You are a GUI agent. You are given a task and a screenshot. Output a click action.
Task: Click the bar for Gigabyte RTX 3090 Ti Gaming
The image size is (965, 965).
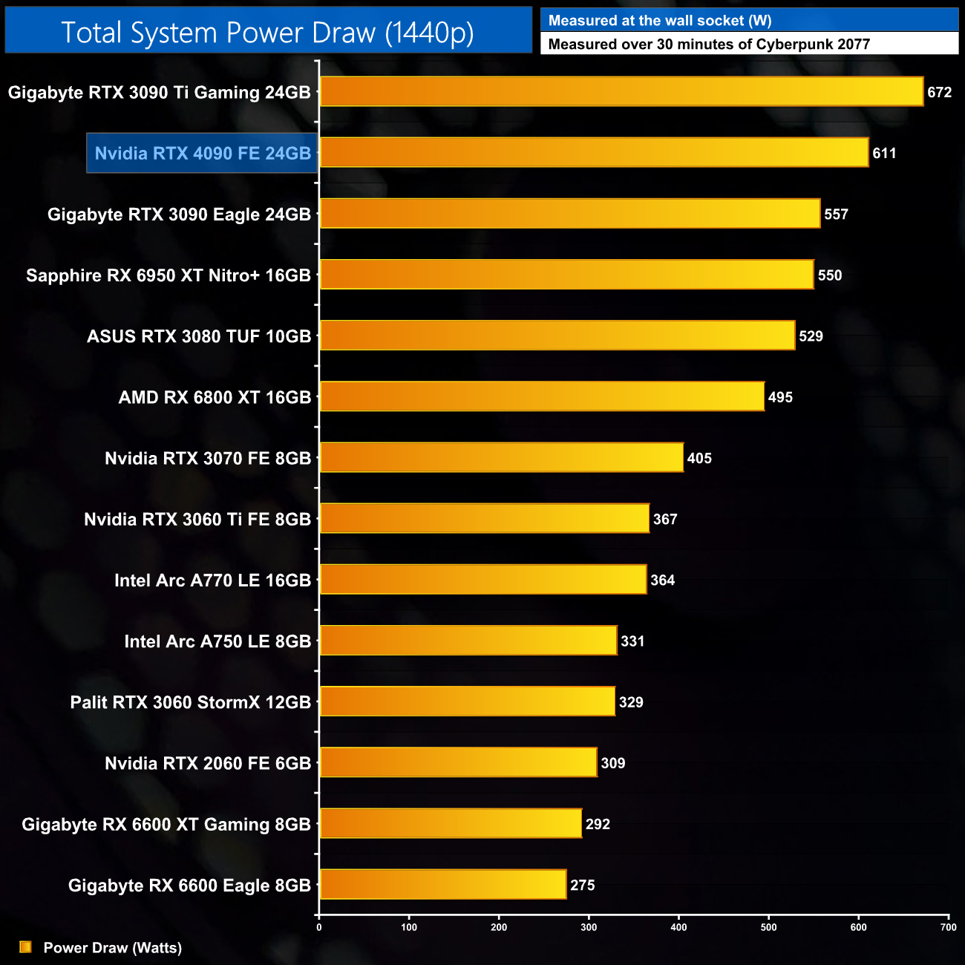(x=621, y=91)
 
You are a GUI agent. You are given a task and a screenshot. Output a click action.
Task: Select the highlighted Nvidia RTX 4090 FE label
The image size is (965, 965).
(x=203, y=154)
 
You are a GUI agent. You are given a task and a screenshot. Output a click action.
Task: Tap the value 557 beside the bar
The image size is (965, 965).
(x=836, y=215)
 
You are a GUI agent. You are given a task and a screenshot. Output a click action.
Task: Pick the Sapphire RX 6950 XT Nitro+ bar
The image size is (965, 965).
(x=566, y=275)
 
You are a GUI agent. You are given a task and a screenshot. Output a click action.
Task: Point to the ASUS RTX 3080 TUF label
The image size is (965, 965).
(x=199, y=336)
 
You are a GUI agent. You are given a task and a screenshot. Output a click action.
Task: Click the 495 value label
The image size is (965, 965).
(x=780, y=397)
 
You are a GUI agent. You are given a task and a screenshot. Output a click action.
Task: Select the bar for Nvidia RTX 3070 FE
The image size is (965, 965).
(x=501, y=457)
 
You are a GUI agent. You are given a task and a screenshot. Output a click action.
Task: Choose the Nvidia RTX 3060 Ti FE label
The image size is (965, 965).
(x=197, y=520)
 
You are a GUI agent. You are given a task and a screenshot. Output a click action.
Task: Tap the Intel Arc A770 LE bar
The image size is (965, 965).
(x=482, y=580)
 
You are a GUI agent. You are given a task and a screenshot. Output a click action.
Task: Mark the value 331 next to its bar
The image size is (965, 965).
(x=632, y=641)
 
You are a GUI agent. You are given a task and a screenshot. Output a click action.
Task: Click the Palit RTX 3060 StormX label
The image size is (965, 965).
(x=191, y=702)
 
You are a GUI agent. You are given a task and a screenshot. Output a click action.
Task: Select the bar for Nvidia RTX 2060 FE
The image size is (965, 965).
(x=458, y=762)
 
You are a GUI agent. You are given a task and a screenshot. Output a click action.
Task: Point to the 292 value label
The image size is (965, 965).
(x=598, y=824)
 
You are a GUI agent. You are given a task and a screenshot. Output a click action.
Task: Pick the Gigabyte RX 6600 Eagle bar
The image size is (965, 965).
(x=442, y=884)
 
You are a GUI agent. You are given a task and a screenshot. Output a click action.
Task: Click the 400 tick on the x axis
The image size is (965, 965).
(x=678, y=927)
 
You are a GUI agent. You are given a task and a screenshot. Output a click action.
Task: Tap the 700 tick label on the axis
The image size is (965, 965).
(x=948, y=927)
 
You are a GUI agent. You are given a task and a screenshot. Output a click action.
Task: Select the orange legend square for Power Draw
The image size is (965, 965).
(x=25, y=947)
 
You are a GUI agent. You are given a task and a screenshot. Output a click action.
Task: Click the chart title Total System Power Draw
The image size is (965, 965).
(x=267, y=33)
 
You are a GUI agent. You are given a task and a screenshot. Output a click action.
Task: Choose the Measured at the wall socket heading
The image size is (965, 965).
(x=659, y=21)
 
